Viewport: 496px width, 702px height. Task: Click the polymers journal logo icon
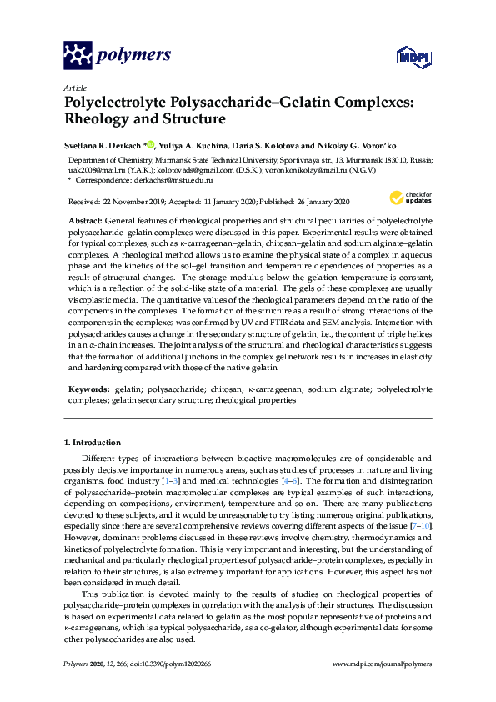pyautogui.click(x=78, y=56)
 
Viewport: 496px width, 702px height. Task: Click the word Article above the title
pyautogui.click(x=73, y=87)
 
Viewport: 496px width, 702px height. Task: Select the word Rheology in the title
pyautogui.click(x=102, y=119)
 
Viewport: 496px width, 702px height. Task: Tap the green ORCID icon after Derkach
pyautogui.click(x=151, y=143)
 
